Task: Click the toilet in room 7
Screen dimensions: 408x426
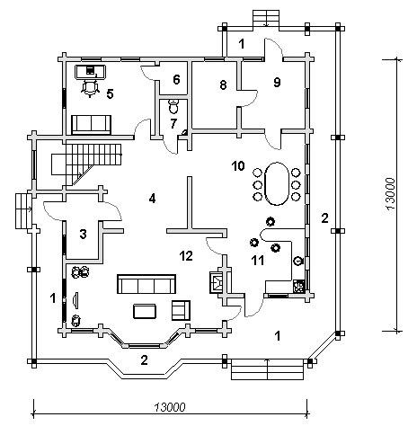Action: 173,106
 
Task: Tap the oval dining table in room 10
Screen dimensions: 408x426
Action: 277,183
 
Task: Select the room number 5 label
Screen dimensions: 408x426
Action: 110,94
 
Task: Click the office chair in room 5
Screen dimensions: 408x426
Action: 90,88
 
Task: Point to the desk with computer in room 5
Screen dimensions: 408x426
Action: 90,72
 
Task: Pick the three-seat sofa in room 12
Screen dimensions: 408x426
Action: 146,284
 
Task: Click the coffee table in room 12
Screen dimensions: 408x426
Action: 145,311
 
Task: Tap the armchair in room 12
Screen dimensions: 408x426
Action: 181,310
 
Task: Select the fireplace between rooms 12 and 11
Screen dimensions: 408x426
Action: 217,282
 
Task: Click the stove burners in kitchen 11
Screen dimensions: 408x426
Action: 298,287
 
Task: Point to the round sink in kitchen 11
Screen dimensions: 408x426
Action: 298,262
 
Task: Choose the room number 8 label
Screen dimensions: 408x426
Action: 223,85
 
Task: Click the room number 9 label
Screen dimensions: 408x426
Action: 277,82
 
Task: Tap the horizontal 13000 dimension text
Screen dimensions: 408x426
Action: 170,407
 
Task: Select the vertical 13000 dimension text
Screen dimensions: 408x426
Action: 390,194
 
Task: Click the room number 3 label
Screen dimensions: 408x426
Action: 83,234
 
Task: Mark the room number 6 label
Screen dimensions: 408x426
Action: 176,80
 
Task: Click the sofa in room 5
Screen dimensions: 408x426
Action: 91,125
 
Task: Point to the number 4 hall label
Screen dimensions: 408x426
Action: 152,199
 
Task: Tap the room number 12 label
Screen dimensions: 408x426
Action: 186,256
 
